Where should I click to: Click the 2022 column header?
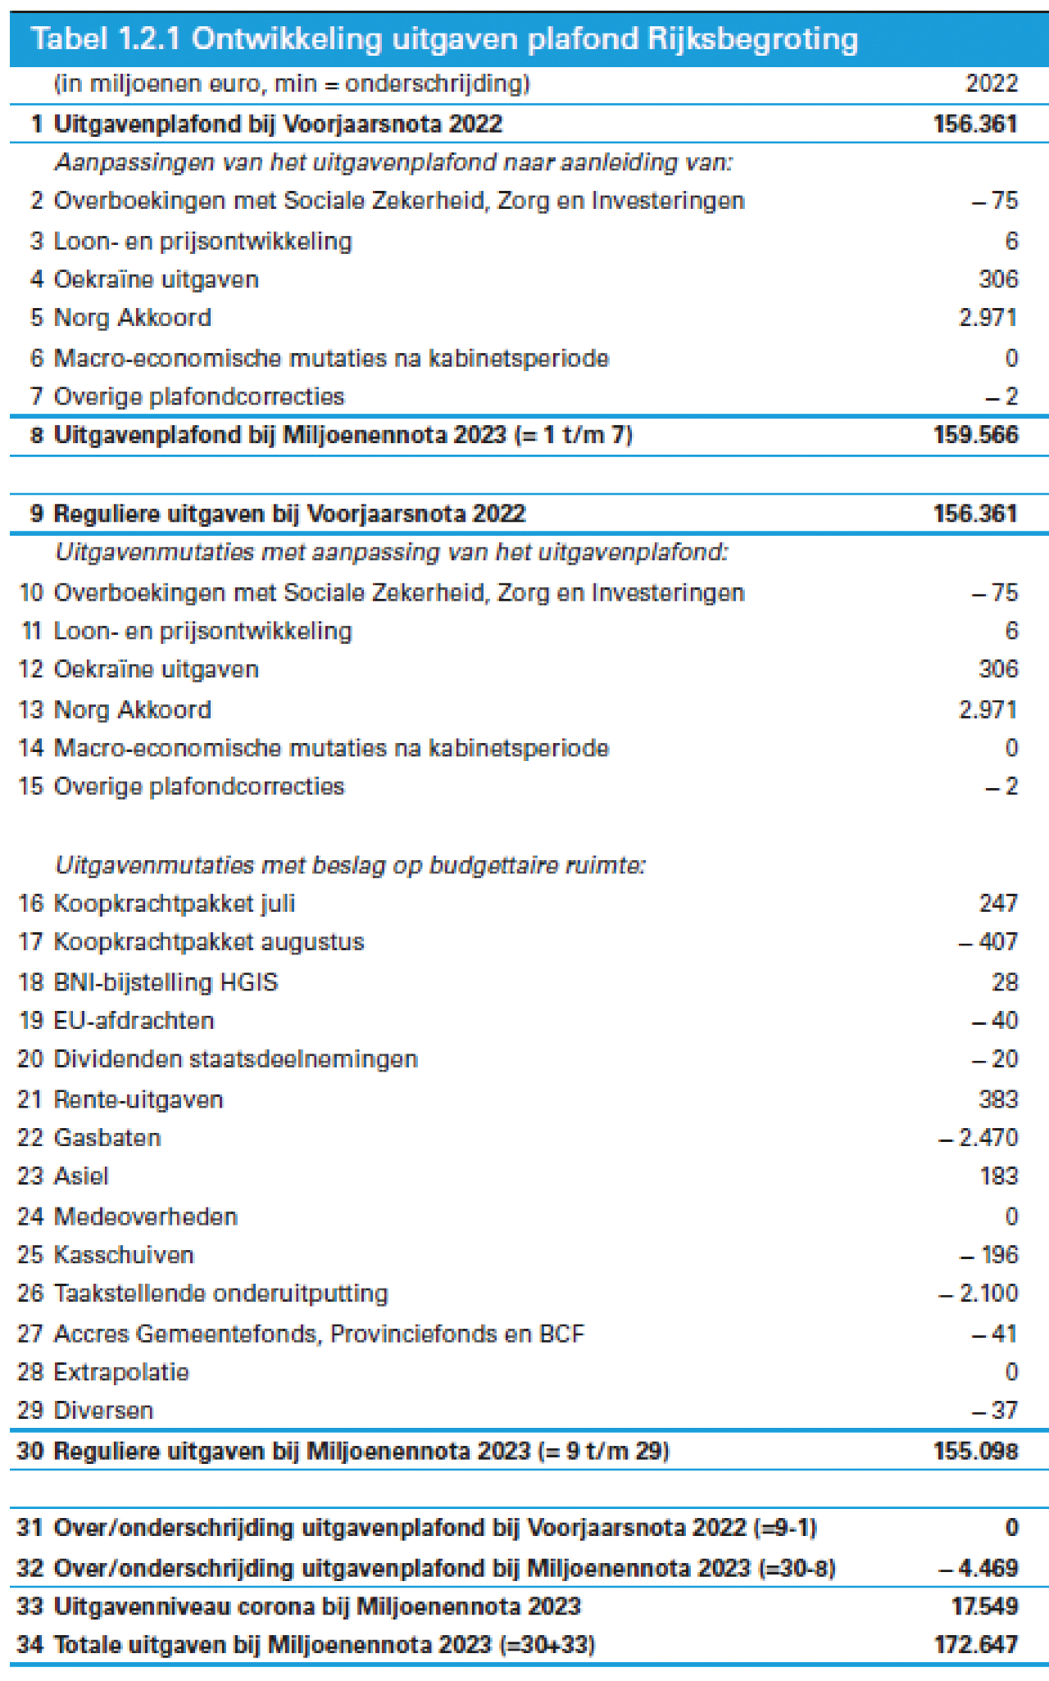click(992, 84)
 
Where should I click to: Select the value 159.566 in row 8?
click(975, 435)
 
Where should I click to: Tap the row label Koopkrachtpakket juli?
click(174, 904)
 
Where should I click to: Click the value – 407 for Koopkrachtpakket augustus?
click(988, 942)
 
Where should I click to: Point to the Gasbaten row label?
click(107, 1138)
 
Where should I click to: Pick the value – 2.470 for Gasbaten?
click(979, 1138)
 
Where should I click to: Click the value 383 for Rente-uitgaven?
click(998, 1099)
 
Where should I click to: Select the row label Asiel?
click(81, 1176)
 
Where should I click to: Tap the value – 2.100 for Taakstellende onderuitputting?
click(979, 1294)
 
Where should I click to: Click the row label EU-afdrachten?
click(134, 1021)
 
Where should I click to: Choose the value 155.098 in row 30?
click(975, 1452)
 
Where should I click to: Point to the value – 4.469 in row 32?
click(979, 1568)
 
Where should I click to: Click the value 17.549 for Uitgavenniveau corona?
click(985, 1606)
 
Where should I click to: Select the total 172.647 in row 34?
click(975, 1644)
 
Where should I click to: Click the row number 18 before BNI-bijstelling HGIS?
click(30, 982)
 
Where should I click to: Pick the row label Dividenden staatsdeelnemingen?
click(236, 1059)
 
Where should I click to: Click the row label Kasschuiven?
click(124, 1255)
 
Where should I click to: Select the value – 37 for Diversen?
click(995, 1411)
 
